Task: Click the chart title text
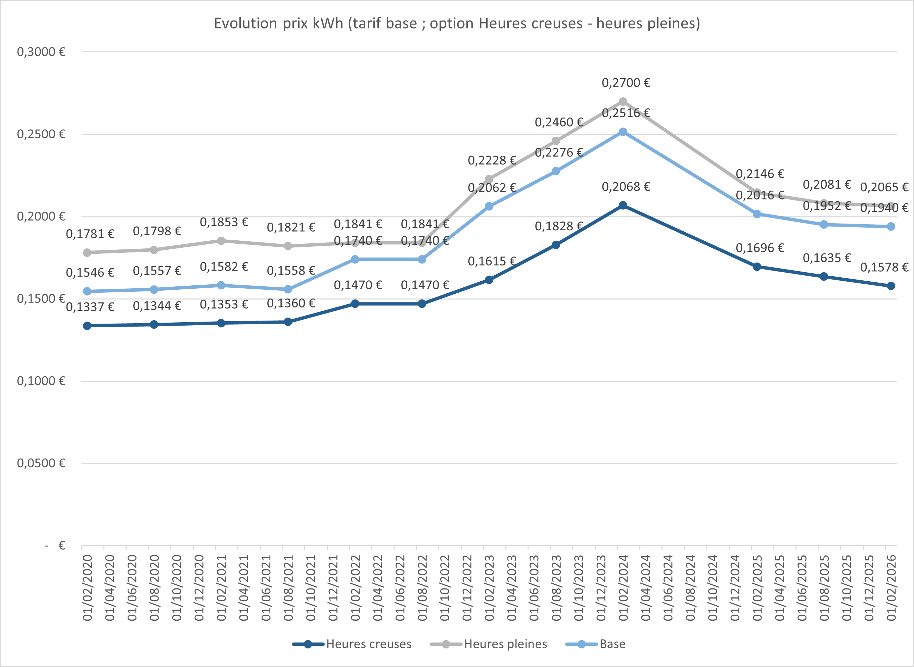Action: pyautogui.click(x=457, y=23)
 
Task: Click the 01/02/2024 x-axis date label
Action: pyautogui.click(x=623, y=588)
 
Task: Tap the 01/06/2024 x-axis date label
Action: pyautogui.click(x=668, y=588)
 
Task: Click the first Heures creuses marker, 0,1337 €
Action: pyautogui.click(x=87, y=325)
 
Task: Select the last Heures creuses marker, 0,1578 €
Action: pyautogui.click(x=890, y=286)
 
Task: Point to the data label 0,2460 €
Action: pyautogui.click(x=559, y=122)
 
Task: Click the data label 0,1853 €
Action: pyautogui.click(x=224, y=222)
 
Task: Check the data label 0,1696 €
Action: pyautogui.click(x=760, y=248)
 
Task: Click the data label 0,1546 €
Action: pyautogui.click(x=90, y=273)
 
